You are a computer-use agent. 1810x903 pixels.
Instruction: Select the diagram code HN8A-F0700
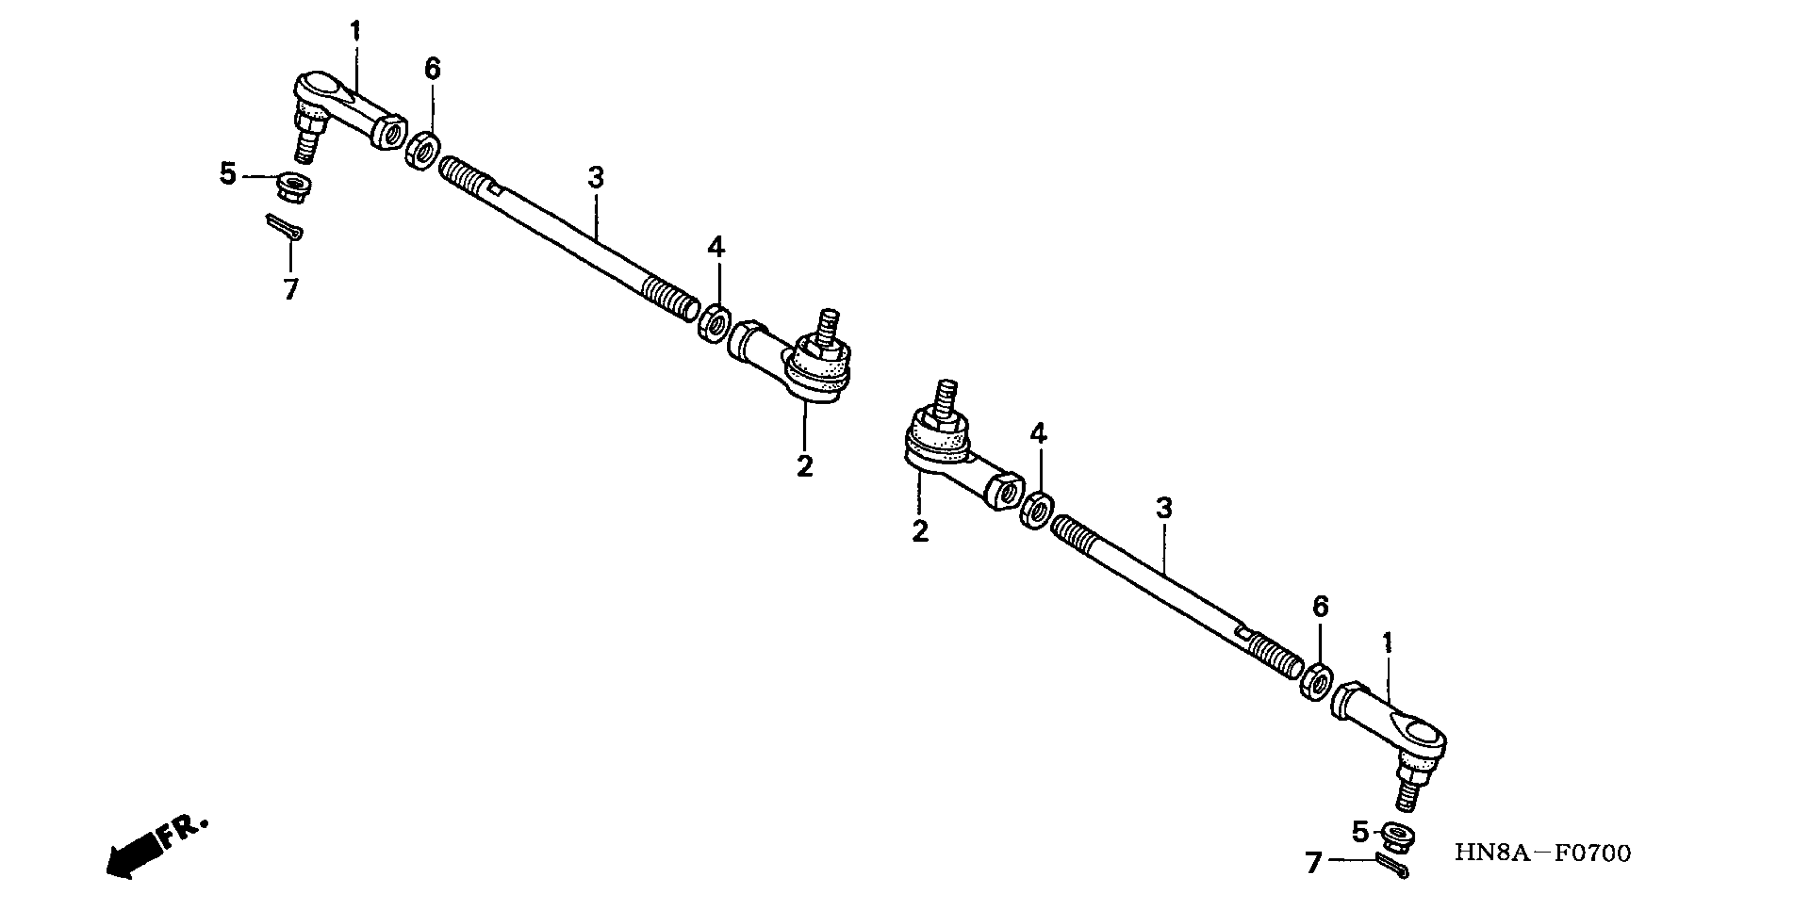(x=1542, y=853)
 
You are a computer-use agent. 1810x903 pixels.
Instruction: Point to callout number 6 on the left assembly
(x=432, y=69)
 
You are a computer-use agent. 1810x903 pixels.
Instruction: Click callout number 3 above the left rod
(x=596, y=178)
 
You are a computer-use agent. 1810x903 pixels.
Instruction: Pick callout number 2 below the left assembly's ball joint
(x=804, y=465)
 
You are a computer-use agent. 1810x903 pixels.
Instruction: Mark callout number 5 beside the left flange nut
(x=228, y=174)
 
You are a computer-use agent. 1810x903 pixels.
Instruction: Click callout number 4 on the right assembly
(x=1039, y=433)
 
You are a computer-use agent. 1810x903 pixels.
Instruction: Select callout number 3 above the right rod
(x=1165, y=508)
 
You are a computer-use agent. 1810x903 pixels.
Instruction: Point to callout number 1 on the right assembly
(x=1388, y=642)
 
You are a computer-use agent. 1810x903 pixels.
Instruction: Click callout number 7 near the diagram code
(x=1313, y=863)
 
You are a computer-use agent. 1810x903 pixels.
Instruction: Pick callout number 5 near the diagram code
(x=1361, y=832)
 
